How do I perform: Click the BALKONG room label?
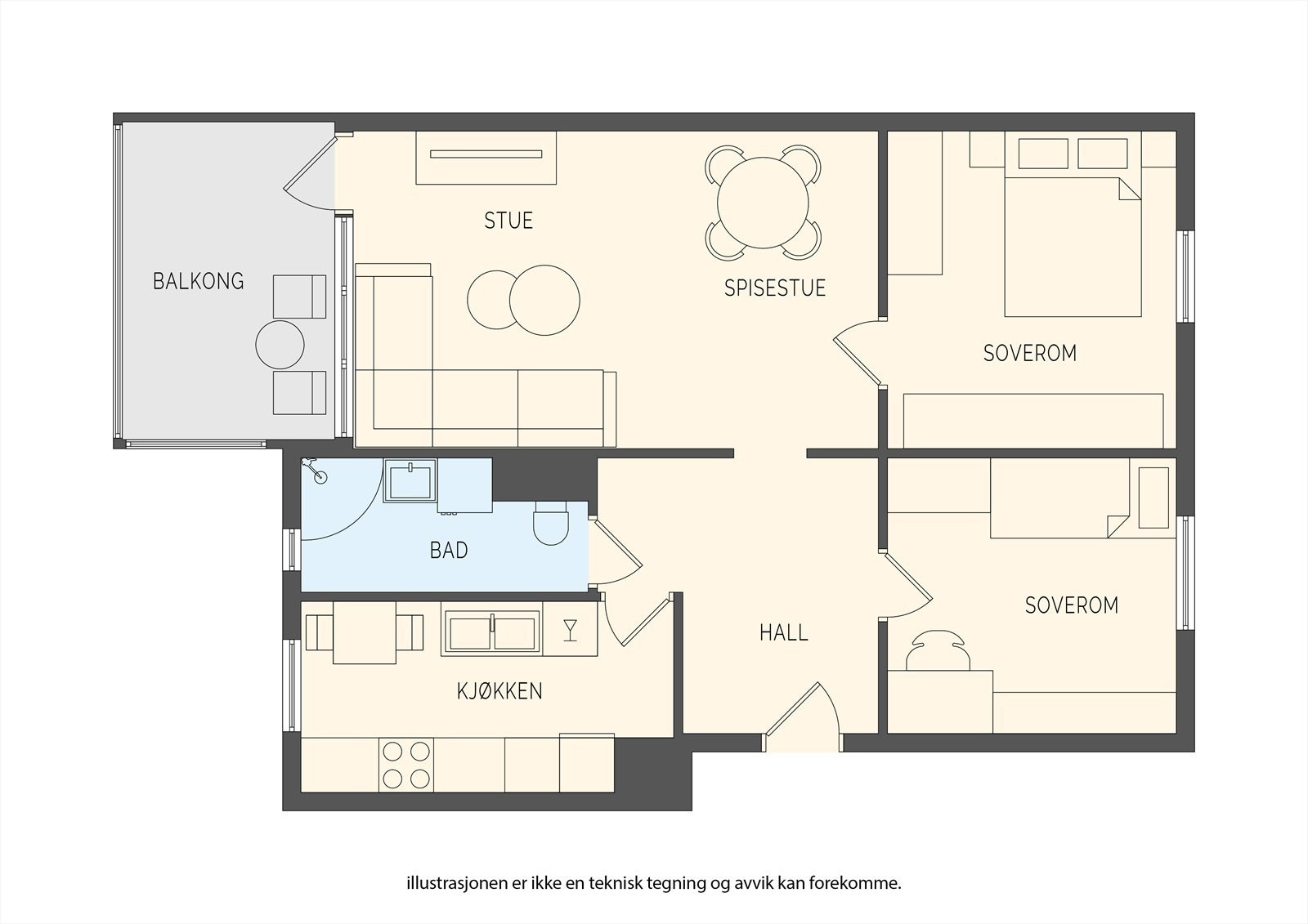[x=199, y=281]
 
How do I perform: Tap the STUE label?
[x=508, y=221]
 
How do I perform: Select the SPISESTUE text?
[x=775, y=288]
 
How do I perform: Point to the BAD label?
[x=449, y=551]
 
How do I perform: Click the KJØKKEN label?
[x=499, y=691]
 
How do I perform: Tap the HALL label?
[x=784, y=632]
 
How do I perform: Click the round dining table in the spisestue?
[x=763, y=203]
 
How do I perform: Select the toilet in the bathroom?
[x=551, y=524]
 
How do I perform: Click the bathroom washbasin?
[x=410, y=480]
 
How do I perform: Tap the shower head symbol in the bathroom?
[x=314, y=471]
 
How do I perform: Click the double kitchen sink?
[x=491, y=631]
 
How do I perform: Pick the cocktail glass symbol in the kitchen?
[x=571, y=631]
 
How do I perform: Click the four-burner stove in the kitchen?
[x=405, y=766]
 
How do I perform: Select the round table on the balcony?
[x=280, y=345]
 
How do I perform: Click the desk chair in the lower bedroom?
[x=938, y=649]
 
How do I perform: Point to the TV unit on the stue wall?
[x=486, y=158]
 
